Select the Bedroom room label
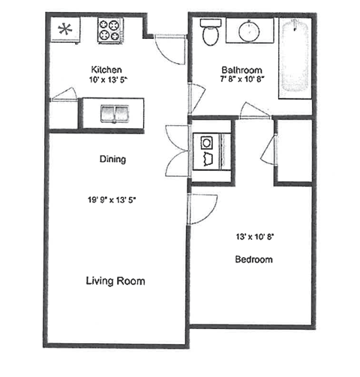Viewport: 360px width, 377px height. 253,260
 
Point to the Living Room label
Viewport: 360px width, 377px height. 115,281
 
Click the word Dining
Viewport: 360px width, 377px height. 112,159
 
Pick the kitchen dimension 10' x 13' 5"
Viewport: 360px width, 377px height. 108,78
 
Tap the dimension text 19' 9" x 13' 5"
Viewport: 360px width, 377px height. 114,199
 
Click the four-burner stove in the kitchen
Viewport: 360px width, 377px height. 109,31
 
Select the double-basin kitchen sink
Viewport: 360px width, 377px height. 115,113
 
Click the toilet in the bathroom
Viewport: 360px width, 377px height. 210,31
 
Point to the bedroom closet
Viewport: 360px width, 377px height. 293,150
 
